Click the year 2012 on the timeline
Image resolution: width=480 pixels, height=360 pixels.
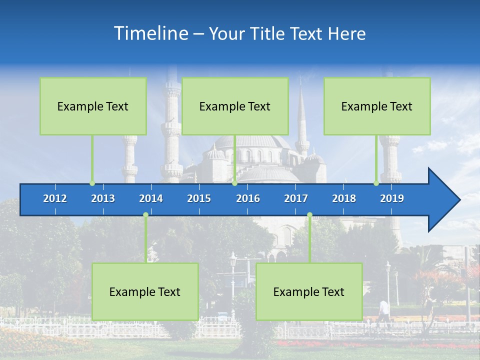(55, 198)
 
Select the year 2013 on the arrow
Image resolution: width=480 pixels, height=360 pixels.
(103, 198)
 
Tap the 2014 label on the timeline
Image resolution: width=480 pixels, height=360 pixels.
(151, 198)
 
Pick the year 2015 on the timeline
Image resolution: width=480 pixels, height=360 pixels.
(199, 198)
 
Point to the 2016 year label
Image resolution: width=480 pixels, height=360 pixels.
(248, 198)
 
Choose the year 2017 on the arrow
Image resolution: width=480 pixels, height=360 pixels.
(296, 198)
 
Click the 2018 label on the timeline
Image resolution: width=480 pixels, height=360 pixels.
(344, 198)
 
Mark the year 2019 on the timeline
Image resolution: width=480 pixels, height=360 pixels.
(392, 198)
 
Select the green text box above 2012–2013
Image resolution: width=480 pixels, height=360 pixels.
(93, 106)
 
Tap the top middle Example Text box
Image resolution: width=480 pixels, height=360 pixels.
(235, 106)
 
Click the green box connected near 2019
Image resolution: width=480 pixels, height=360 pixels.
(377, 106)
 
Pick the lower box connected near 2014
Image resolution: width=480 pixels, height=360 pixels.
(145, 291)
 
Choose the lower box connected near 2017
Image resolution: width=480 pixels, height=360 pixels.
(309, 291)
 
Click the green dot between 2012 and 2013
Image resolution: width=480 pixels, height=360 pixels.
(92, 183)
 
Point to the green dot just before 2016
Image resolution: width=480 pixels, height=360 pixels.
(234, 183)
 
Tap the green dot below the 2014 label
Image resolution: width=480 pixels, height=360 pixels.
(145, 215)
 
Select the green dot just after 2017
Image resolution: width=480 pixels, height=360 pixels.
(309, 215)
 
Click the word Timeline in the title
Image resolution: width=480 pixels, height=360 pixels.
(151, 33)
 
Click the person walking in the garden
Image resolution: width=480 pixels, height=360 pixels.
(383, 310)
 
